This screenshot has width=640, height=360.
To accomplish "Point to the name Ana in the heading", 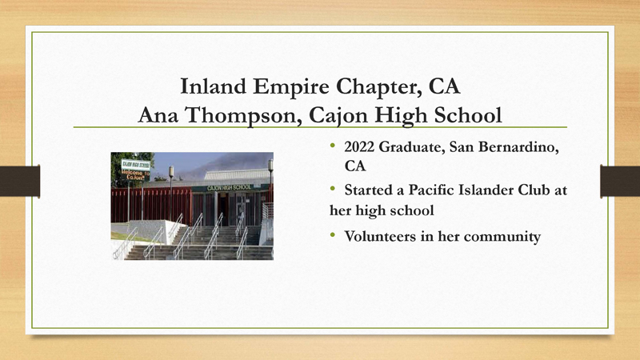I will pyautogui.click(x=161, y=115).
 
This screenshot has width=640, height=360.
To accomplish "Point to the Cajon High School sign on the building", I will pyautogui.click(x=229, y=187).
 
